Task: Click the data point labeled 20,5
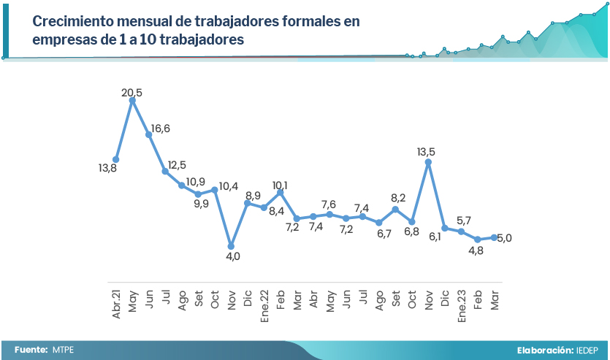(132, 101)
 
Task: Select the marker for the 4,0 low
(231, 245)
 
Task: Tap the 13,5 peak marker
(428, 162)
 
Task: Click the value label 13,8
(108, 168)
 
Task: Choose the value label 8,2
(397, 197)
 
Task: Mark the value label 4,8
(476, 250)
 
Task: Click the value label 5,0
(504, 237)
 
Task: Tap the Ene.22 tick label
(264, 299)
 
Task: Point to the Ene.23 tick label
(462, 299)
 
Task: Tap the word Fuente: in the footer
(31, 350)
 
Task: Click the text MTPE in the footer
(63, 350)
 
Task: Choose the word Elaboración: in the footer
(544, 350)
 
